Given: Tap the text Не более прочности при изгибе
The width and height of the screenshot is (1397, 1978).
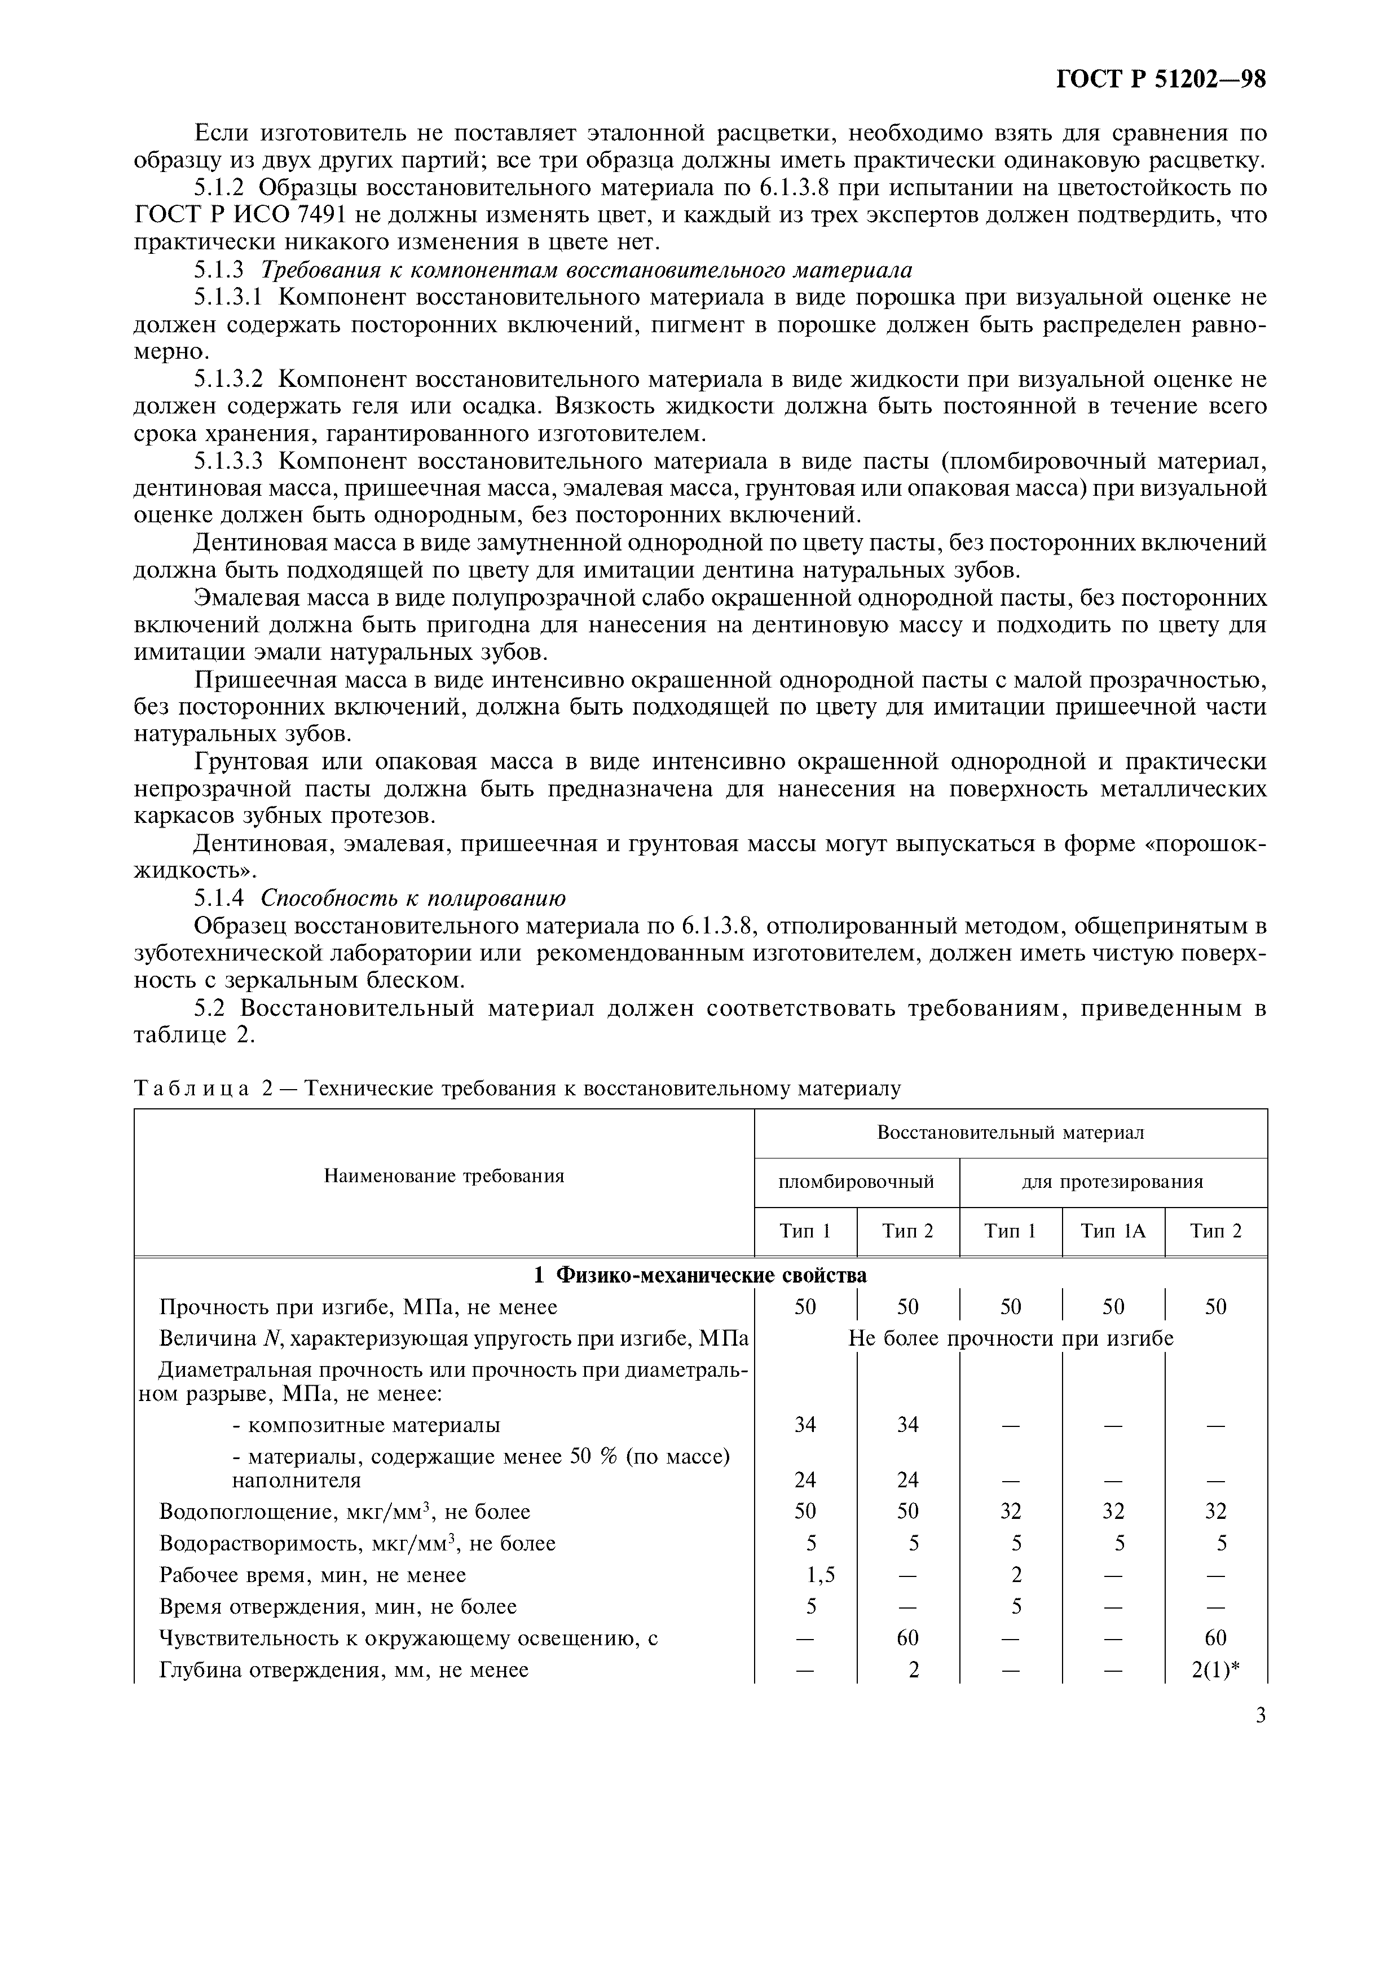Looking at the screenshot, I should click(1010, 1338).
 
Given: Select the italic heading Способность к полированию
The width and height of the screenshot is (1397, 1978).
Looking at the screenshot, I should click(413, 898).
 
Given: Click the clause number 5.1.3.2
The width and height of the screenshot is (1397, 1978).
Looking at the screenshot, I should click(228, 379).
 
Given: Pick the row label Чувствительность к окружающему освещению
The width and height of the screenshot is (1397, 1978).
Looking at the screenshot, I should click(409, 1638).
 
